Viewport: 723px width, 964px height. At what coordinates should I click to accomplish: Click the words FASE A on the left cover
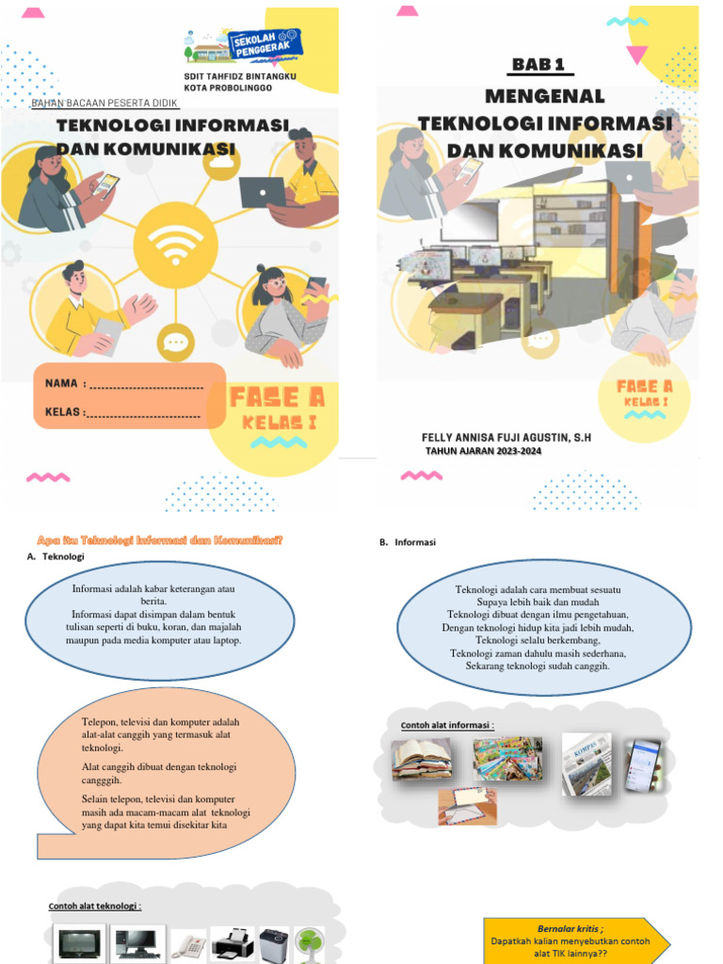tap(277, 397)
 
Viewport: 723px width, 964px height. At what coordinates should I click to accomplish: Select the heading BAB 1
tap(542, 64)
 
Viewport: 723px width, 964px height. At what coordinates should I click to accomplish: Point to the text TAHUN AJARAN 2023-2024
tap(483, 451)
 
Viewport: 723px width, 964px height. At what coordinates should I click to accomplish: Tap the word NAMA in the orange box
tap(61, 384)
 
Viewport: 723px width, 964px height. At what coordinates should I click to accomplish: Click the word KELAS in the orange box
tap(63, 411)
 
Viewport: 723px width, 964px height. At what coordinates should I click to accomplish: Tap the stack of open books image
tap(422, 759)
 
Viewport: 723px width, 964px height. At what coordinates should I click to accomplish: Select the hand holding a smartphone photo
tap(643, 763)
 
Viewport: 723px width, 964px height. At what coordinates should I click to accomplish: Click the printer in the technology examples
tap(232, 943)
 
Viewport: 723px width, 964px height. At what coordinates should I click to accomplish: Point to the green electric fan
tap(309, 945)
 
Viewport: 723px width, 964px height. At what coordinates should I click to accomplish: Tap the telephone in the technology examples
tap(188, 945)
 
